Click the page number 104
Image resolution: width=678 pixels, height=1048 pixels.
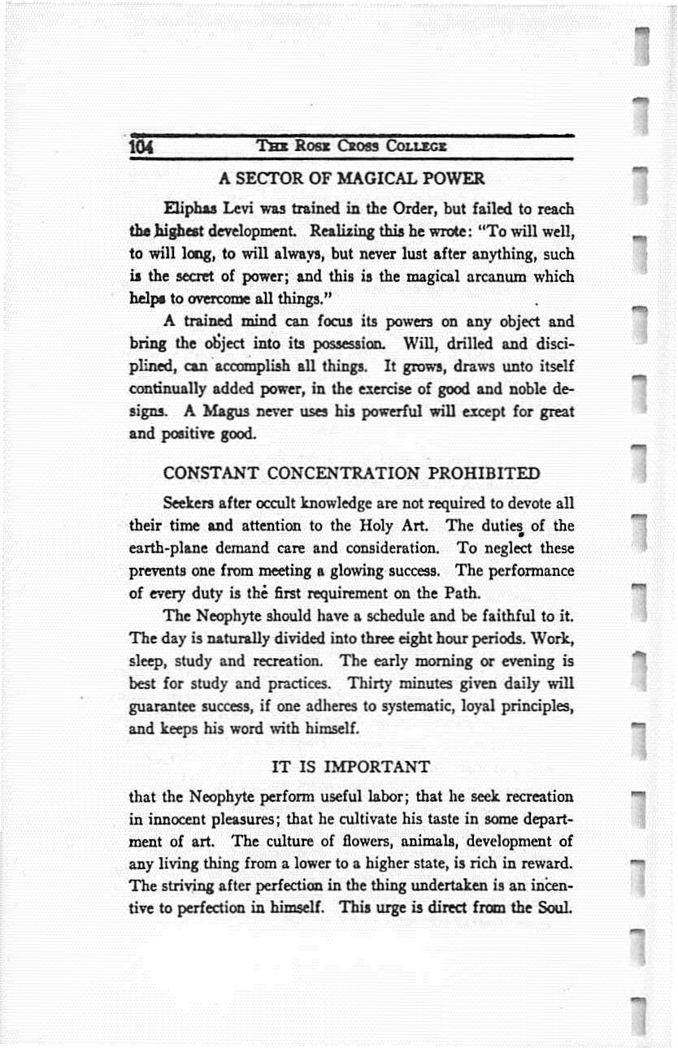[x=144, y=148]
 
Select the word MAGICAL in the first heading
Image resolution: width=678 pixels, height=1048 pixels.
[x=361, y=177]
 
